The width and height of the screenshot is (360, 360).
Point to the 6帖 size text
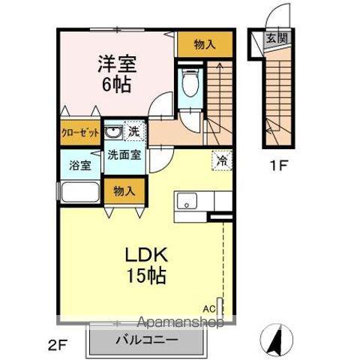[117, 84]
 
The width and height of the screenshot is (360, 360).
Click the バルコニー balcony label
[147, 340]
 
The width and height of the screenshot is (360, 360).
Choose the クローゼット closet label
[80, 133]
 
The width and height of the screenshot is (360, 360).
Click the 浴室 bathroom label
[80, 164]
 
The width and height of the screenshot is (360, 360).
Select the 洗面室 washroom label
[124, 156]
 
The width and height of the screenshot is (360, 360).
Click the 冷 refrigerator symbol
[222, 159]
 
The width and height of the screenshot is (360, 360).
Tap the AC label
[209, 307]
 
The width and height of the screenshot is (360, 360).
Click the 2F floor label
[58, 346]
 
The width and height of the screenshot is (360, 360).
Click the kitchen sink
[187, 202]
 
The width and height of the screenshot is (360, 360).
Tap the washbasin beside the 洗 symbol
[114, 133]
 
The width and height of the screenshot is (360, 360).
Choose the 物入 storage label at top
[204, 45]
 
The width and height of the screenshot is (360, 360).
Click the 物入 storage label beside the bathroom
[124, 191]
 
